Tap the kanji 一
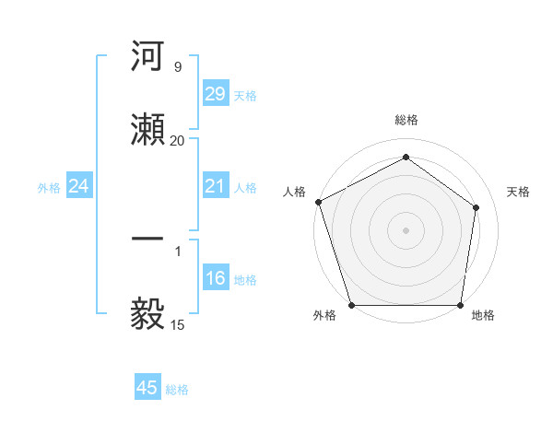click(x=148, y=239)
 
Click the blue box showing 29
click(x=215, y=94)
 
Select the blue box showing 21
click(x=215, y=186)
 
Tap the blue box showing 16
click(x=215, y=278)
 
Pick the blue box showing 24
click(x=79, y=186)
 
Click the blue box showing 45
click(x=147, y=388)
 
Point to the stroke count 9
click(x=177, y=66)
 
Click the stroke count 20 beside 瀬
click(x=177, y=140)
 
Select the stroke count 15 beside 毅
click(x=177, y=324)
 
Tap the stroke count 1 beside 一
click(x=177, y=249)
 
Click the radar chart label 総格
click(x=406, y=120)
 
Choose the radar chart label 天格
click(x=519, y=192)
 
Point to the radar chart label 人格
click(x=294, y=192)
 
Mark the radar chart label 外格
click(x=324, y=316)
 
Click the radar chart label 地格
click(x=483, y=316)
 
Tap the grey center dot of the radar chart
click(x=406, y=229)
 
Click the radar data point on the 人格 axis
click(x=318, y=202)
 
